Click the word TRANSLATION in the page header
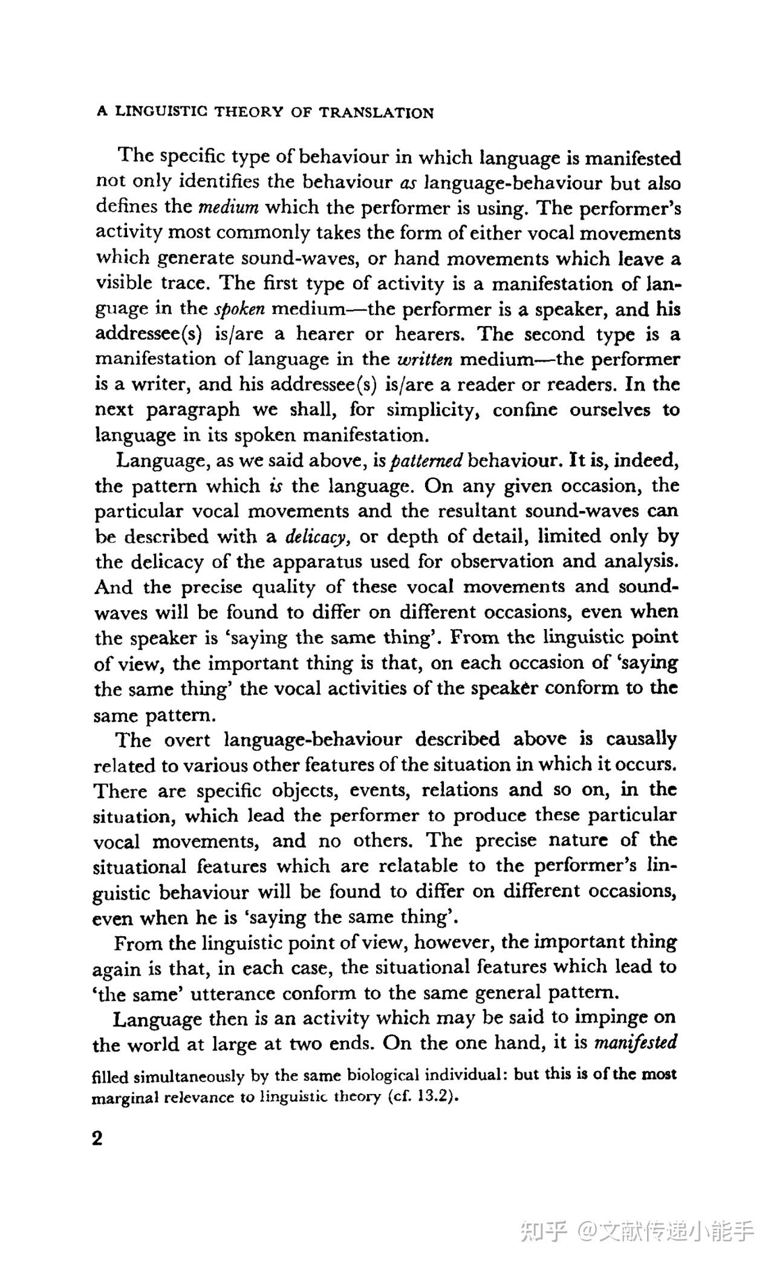point(377,112)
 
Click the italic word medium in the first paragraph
point(229,208)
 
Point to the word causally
point(640,739)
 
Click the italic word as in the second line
point(409,183)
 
